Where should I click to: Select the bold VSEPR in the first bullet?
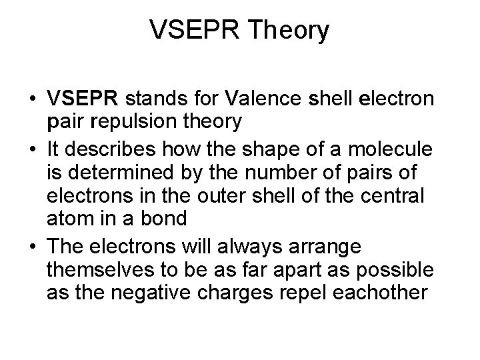83,100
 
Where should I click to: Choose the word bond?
169,216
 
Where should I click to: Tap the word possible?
401,269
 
